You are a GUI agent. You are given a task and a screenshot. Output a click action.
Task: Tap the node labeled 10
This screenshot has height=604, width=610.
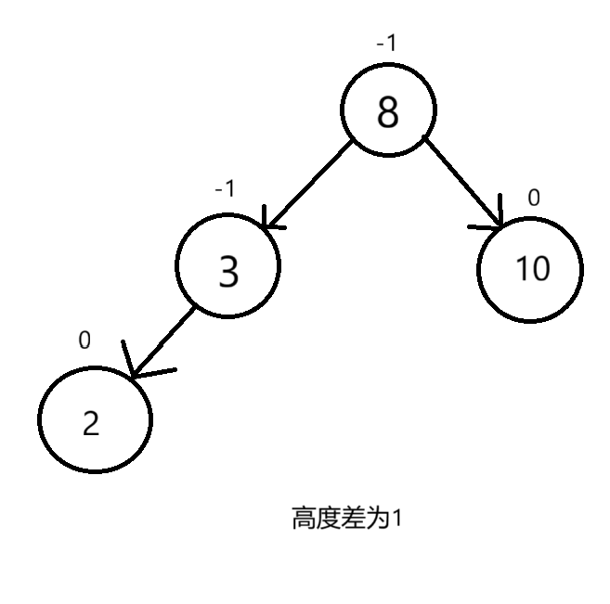point(531,269)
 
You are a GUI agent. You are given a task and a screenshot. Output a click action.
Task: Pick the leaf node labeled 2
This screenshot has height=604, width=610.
point(94,420)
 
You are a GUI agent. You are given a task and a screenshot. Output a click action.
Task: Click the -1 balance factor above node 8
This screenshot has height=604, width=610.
point(386,43)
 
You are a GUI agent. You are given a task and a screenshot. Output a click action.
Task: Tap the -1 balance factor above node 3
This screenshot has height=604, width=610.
point(225,188)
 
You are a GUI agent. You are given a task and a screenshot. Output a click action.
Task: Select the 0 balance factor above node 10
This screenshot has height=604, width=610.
point(533,197)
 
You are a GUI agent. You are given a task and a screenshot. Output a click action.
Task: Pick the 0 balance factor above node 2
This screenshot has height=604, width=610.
point(84,341)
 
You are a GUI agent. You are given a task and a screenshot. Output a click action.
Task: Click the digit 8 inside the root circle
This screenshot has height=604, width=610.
point(388,113)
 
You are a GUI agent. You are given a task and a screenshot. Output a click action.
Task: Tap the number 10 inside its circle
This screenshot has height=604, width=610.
point(532,269)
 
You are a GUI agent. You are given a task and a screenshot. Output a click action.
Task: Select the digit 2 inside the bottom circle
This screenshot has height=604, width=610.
point(90,423)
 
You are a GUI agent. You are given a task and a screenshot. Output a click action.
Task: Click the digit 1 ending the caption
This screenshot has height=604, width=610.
point(397,518)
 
